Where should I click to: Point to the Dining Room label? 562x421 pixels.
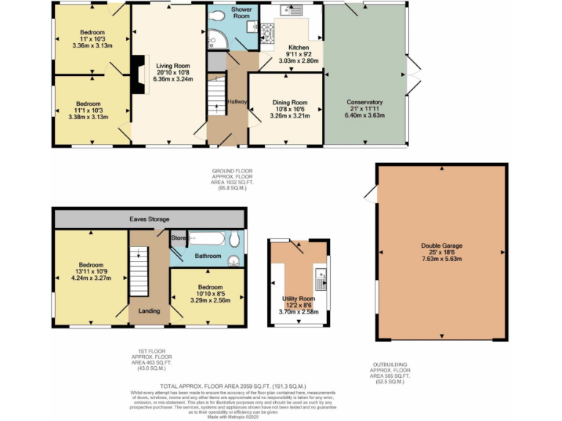(x=285, y=102)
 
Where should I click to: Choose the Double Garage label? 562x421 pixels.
(x=441, y=246)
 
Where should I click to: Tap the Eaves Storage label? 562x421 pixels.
(x=149, y=219)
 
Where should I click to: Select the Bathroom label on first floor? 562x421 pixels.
(x=208, y=256)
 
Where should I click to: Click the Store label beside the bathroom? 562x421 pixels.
(x=179, y=238)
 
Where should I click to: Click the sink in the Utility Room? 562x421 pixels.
(x=321, y=277)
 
